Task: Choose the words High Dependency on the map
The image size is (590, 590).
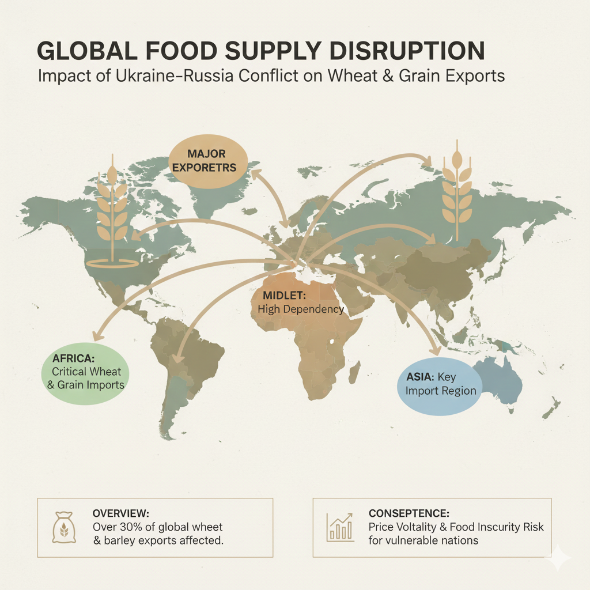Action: [301, 309]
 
